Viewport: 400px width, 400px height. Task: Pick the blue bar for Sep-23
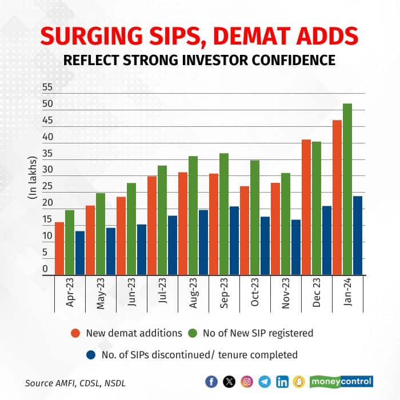click(234, 241)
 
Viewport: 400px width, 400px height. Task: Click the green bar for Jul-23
click(162, 220)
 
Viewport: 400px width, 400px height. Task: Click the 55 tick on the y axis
click(47, 87)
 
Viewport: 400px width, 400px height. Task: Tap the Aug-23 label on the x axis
click(194, 295)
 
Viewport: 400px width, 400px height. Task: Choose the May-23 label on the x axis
click(101, 295)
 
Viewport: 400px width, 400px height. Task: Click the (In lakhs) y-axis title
click(31, 178)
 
